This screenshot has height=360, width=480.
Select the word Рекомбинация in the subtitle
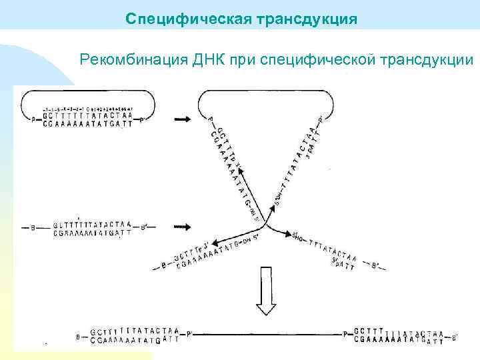tap(134, 61)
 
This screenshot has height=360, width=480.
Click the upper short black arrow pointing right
tap(182, 119)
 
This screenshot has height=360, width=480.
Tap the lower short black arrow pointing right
tap(182, 227)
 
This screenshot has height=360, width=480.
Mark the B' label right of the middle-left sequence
tap(143, 228)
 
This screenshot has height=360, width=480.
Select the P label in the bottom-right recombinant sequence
tap(346, 333)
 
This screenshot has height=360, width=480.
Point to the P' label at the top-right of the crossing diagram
tap(321, 120)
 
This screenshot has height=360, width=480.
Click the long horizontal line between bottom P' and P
tap(267, 333)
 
